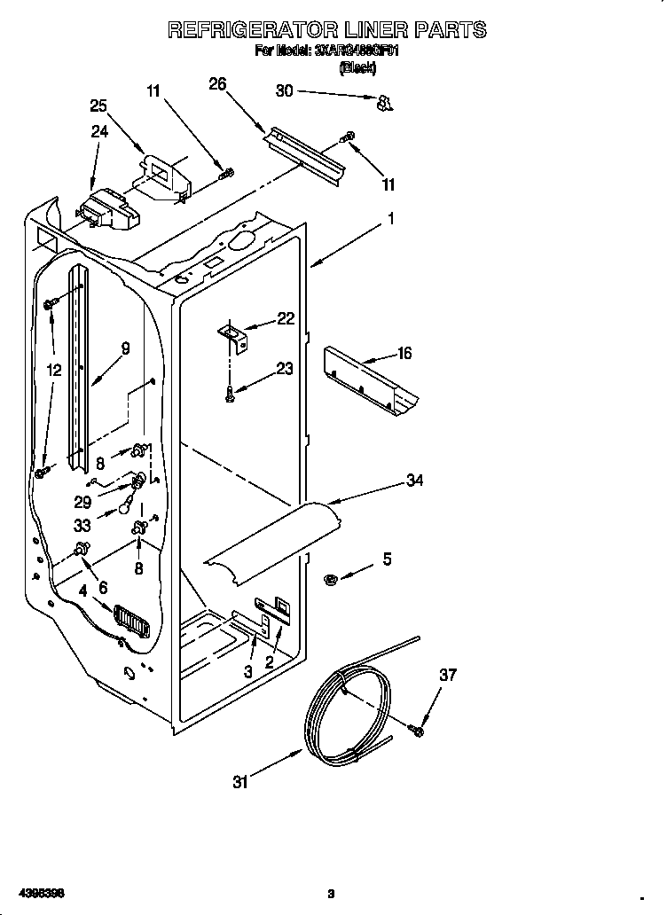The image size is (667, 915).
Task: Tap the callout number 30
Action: tap(284, 90)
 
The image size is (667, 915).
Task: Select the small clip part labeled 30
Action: tap(385, 104)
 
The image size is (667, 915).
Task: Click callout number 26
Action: tap(217, 84)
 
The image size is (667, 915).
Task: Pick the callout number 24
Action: tap(99, 133)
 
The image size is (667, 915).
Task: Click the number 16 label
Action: tap(404, 354)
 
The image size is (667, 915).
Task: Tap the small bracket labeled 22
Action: tap(236, 334)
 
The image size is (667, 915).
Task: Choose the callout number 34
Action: tap(413, 481)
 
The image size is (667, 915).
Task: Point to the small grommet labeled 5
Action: tap(330, 580)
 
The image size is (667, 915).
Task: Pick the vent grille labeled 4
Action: tap(130, 622)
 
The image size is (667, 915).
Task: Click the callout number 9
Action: tap(125, 348)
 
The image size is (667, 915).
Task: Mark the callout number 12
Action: tap(54, 371)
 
